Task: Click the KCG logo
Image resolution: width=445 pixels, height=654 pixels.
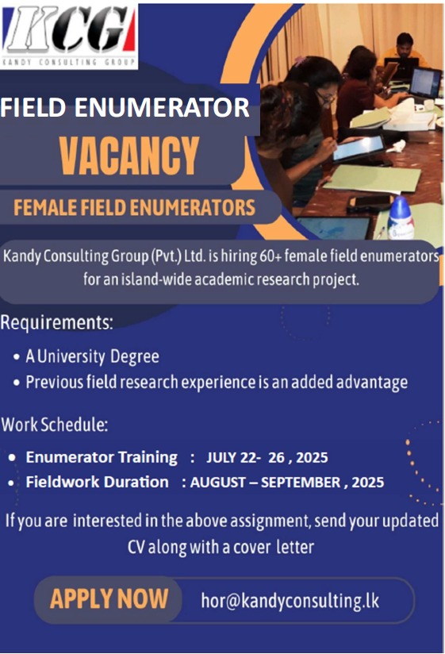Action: (x=69, y=36)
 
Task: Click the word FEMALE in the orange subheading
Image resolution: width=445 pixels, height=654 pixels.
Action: (x=45, y=207)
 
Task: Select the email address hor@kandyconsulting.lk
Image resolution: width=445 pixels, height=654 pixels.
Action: (x=290, y=601)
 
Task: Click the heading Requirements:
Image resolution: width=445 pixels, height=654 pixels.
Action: (x=57, y=322)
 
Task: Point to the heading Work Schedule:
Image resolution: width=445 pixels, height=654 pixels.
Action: (x=55, y=425)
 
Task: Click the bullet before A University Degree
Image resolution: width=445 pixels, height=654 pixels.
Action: (x=17, y=357)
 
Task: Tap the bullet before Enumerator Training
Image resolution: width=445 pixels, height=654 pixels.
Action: (x=12, y=458)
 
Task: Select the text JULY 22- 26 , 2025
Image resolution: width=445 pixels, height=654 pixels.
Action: (x=267, y=457)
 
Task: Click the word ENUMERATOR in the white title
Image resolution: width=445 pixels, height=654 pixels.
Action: (x=162, y=107)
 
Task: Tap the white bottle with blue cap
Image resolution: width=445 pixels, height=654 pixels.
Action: (x=401, y=218)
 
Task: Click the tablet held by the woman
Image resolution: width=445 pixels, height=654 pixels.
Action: (x=359, y=148)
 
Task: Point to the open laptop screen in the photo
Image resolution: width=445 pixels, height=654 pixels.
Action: (x=424, y=83)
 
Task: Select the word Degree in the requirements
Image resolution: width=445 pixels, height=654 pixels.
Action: (x=135, y=357)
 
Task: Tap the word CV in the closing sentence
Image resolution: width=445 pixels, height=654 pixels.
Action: (x=136, y=547)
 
